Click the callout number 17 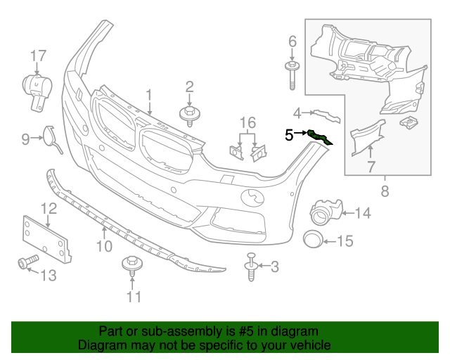[x=38, y=56]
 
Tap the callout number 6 [x=292, y=42]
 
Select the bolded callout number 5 [x=289, y=134]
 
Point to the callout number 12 [x=48, y=208]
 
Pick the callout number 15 [x=345, y=242]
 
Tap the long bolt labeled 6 [x=291, y=76]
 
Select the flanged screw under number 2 [x=190, y=115]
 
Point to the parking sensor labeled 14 [x=326, y=210]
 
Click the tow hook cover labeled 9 [x=51, y=137]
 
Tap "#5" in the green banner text [x=244, y=331]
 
